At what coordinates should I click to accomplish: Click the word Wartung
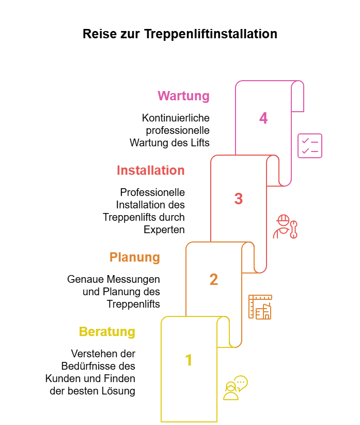pos(183,96)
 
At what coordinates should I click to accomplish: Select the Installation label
pos(150,170)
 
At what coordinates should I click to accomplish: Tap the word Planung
pos(134,257)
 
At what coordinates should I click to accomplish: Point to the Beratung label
pos(107,331)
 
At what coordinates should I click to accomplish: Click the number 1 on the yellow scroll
pos(189,360)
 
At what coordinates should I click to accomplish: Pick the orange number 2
pos(213,279)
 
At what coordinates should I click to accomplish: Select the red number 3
pos(238,199)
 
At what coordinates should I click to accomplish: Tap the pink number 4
pos(263,118)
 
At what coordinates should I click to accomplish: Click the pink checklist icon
pos(310,146)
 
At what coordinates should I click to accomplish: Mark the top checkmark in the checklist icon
pos(305,141)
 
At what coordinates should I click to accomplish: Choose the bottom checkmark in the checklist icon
pos(305,150)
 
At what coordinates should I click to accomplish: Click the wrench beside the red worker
pos(293,229)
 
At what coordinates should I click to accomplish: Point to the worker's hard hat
pos(283,219)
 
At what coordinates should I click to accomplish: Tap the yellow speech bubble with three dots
pos(241,383)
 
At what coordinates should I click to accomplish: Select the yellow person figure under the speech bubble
pos(231,392)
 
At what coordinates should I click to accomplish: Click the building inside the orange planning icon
pos(264,311)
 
